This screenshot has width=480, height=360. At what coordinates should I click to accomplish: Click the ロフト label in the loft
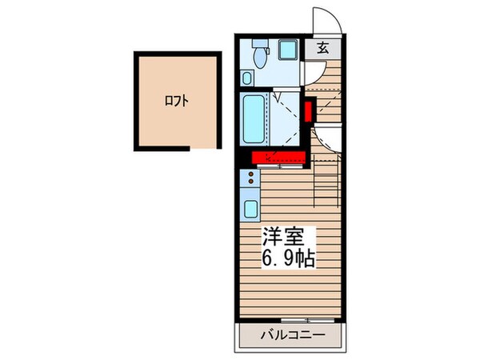[177, 101]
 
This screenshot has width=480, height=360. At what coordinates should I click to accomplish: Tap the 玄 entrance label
[322, 47]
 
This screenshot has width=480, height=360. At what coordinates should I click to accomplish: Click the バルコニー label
[290, 334]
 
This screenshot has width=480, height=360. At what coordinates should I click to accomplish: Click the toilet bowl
[259, 58]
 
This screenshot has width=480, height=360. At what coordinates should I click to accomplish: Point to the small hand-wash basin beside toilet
[247, 78]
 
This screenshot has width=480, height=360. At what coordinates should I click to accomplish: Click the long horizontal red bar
[278, 157]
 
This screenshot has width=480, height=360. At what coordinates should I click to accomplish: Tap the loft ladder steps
[328, 184]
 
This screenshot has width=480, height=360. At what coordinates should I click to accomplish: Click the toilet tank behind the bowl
[258, 44]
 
